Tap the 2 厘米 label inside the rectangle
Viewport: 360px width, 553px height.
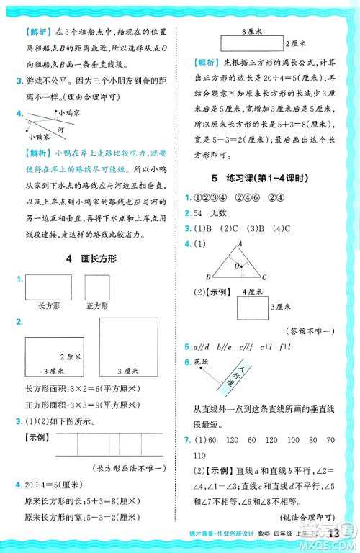click(68, 356)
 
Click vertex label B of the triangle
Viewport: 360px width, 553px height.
click(208, 276)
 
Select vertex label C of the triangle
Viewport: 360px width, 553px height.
click(265, 276)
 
